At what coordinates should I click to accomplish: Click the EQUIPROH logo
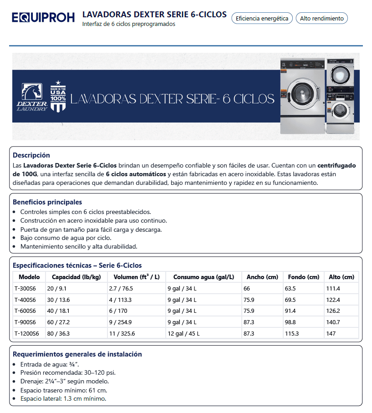pyautogui.click(x=43, y=18)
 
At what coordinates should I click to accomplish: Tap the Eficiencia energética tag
pyautogui.click(x=262, y=19)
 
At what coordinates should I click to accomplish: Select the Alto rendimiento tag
pyautogui.click(x=322, y=19)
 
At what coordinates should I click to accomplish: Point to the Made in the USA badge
pyautogui.click(x=58, y=97)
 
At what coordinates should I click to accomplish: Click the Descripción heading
pyautogui.click(x=31, y=155)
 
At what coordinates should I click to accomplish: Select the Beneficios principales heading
pyautogui.click(x=47, y=202)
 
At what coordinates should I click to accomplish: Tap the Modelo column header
pyautogui.click(x=29, y=277)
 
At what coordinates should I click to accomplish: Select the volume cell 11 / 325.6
pyautogui.click(x=122, y=333)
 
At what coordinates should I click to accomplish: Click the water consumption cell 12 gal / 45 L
pyautogui.click(x=183, y=333)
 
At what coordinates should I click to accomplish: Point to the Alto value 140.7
pyautogui.click(x=333, y=322)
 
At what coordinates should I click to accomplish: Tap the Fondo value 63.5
pyautogui.click(x=290, y=288)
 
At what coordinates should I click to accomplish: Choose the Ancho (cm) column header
pyautogui.click(x=262, y=277)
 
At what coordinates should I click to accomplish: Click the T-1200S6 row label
pyautogui.click(x=27, y=333)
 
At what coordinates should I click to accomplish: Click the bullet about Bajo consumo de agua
pyautogui.click(x=66, y=238)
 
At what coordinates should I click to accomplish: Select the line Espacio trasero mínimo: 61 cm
pyautogui.click(x=64, y=390)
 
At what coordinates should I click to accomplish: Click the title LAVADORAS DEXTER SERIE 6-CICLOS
pyautogui.click(x=154, y=15)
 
